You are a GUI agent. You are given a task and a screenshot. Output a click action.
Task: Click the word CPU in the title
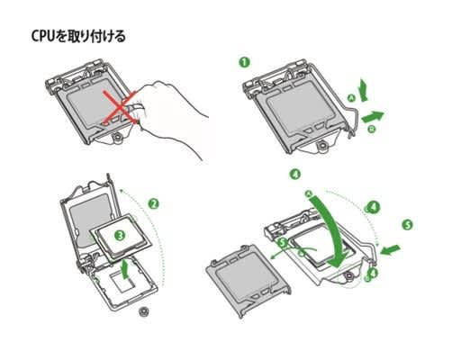(43, 36)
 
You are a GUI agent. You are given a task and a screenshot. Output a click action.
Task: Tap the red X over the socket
(120, 107)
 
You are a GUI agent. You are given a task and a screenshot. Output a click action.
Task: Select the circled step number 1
(244, 62)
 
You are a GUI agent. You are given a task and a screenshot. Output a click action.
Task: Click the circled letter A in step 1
(351, 97)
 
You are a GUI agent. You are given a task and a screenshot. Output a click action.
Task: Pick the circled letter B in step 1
(372, 129)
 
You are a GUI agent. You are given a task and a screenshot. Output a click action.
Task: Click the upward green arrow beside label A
(364, 89)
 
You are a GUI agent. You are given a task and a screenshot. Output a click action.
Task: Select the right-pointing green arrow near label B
(373, 116)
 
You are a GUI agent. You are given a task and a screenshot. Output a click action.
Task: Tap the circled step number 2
(154, 204)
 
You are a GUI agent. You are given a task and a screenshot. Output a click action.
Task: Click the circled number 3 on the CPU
(120, 235)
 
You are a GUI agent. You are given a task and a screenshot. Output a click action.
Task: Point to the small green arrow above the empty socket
(126, 268)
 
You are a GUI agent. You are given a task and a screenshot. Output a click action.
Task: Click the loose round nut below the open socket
(144, 312)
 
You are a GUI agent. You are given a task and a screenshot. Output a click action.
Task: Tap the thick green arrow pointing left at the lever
(390, 249)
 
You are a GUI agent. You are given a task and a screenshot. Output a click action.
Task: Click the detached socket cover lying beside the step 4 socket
(249, 280)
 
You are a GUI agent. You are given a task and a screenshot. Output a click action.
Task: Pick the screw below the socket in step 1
(322, 146)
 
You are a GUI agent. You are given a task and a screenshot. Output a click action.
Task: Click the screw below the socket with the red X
(117, 138)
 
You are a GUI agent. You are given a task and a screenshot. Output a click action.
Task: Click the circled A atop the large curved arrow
(309, 193)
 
